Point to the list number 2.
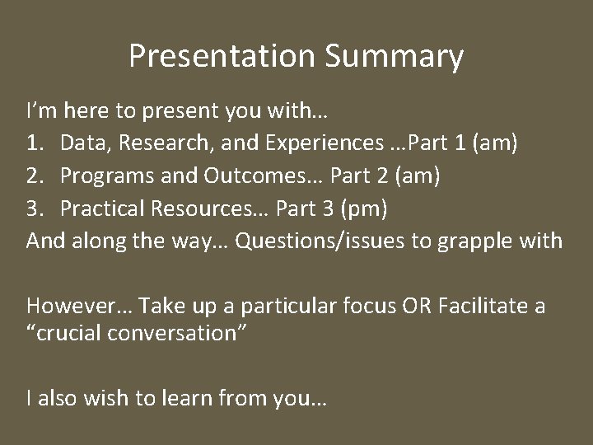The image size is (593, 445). click(34, 177)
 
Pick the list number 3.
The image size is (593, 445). click(34, 209)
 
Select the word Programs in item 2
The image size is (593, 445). click(101, 177)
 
